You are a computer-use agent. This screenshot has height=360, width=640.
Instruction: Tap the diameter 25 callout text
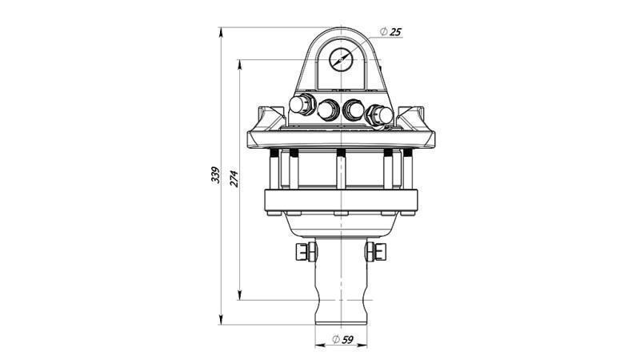point(391,31)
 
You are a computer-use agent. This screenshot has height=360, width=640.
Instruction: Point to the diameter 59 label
point(345,339)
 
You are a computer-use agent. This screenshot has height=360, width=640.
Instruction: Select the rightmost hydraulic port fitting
point(378,114)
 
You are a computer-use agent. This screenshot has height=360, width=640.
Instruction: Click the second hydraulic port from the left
point(328,110)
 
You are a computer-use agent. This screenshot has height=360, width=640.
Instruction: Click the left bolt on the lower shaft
point(303,252)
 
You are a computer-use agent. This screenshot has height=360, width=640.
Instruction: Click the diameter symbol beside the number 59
point(336,339)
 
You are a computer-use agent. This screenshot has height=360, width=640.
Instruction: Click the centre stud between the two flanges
point(341,170)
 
